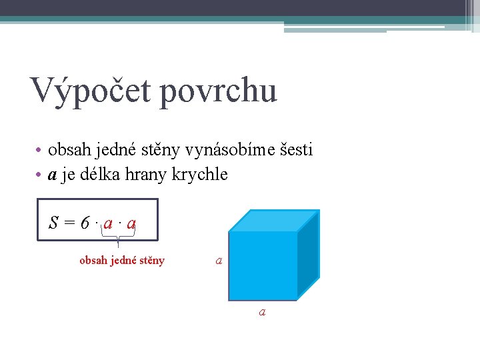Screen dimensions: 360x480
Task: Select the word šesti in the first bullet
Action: coord(293,150)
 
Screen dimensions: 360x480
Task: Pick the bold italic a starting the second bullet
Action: coord(51,175)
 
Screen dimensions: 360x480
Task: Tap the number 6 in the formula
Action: coord(85,223)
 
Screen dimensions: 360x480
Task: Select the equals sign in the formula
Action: coord(69,223)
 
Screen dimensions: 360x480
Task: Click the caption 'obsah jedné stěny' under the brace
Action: coord(121,261)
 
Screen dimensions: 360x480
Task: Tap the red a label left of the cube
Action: coord(219,261)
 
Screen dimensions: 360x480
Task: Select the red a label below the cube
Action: coord(262,311)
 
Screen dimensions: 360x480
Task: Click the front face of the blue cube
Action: coord(263,266)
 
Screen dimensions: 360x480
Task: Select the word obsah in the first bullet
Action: coord(67,150)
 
